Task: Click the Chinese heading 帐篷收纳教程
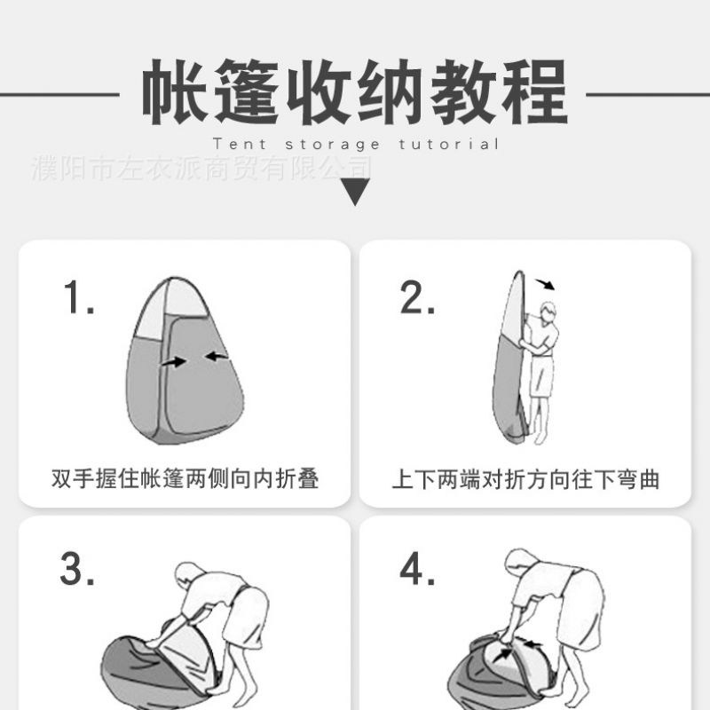[x=354, y=92]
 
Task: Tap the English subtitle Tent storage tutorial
[x=356, y=145]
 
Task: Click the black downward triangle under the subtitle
[x=355, y=192]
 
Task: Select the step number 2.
[x=417, y=297]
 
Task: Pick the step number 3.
[x=77, y=569]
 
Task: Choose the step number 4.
[x=417, y=569]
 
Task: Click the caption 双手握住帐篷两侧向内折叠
[x=185, y=479]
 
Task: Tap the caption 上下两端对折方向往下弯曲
[x=525, y=479]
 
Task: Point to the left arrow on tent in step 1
[x=174, y=361]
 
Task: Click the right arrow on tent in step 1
[x=217, y=357]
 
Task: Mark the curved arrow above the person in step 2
[x=545, y=284]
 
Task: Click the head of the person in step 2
[x=548, y=312]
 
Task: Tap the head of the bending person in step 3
[x=185, y=574]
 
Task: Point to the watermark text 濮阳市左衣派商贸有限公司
[x=202, y=168]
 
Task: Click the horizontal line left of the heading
[x=59, y=95]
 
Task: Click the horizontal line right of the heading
[x=648, y=95]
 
